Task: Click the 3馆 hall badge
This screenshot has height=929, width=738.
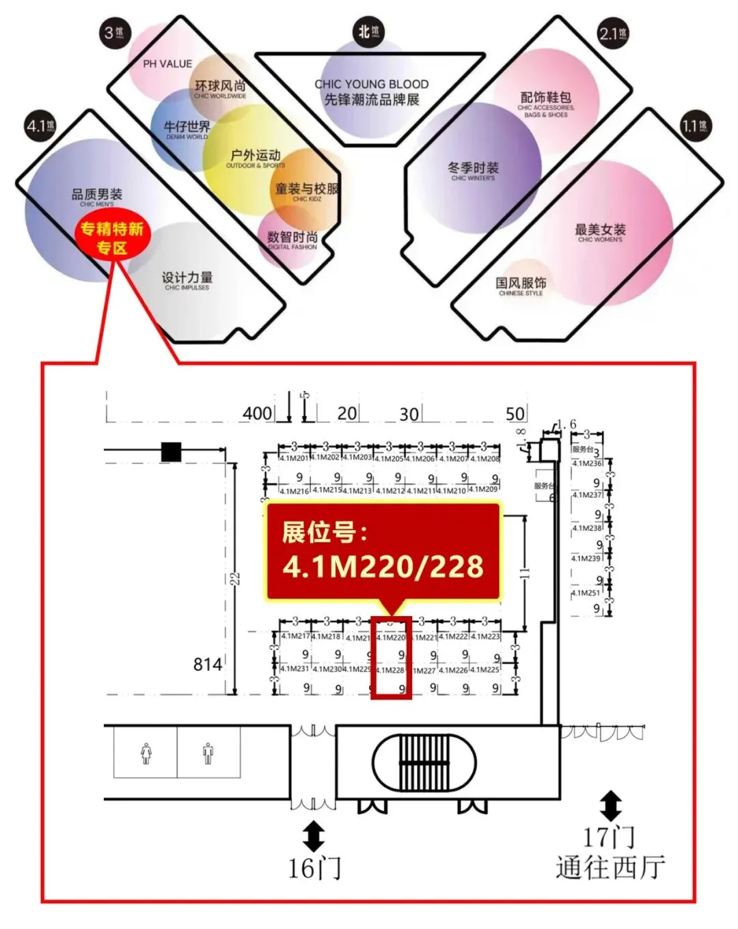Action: [x=113, y=31]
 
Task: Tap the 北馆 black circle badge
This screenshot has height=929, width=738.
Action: [x=369, y=31]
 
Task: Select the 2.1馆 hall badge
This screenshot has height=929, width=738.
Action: [x=612, y=33]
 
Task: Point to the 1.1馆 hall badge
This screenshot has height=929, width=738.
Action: [x=695, y=126]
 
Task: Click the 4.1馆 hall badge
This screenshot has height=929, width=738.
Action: [x=40, y=126]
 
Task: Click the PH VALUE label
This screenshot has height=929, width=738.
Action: [x=167, y=64]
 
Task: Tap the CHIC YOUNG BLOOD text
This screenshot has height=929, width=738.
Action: [x=371, y=84]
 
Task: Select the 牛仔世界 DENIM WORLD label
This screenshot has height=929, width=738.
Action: [x=187, y=129]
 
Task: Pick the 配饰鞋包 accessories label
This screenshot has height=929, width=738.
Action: [x=545, y=104]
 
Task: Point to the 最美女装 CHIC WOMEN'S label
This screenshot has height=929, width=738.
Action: [x=600, y=232]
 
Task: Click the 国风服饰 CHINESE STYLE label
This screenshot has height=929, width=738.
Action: [x=521, y=286]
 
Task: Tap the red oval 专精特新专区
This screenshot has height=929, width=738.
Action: [x=111, y=238]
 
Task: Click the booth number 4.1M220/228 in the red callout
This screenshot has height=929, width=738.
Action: [x=383, y=566]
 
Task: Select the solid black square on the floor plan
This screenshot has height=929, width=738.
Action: [x=171, y=452]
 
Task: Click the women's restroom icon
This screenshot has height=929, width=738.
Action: [x=146, y=753]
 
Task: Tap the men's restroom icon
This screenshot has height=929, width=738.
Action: [x=208, y=753]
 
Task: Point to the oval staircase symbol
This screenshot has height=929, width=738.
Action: [x=424, y=762]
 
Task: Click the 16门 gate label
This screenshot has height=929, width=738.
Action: [x=314, y=868]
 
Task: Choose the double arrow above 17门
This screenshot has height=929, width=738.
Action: [x=610, y=806]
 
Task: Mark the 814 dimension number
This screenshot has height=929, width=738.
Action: [x=208, y=664]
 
